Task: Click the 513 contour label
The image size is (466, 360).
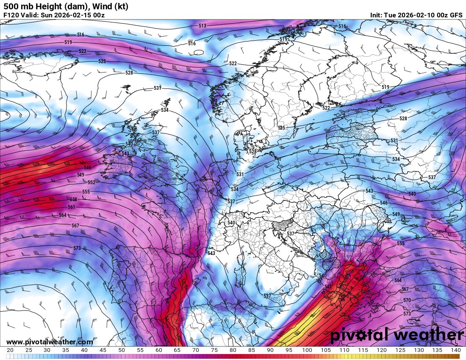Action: [x=202, y=26]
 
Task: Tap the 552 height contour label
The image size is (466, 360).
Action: [x=91, y=183]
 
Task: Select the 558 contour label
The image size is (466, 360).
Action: [x=73, y=199]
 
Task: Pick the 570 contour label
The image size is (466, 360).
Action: [x=407, y=300]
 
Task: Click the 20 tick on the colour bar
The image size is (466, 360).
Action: [x=10, y=350]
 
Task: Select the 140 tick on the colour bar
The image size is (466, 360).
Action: [x=455, y=350]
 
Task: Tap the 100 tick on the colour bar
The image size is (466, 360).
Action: [x=307, y=350]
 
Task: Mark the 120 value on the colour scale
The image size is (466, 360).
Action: [x=381, y=350]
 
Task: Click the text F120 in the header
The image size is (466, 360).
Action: [x=11, y=15]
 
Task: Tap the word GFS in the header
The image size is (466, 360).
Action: [x=456, y=15]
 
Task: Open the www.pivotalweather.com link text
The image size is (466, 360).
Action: [x=50, y=342]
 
